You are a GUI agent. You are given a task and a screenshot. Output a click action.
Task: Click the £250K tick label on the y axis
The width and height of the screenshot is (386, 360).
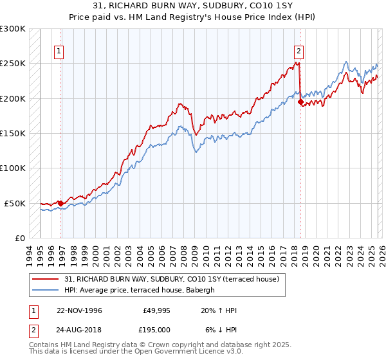pyautogui.click(x=13, y=64)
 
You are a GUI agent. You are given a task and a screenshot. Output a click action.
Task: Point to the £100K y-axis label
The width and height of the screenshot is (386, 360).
pyautogui.click(x=13, y=168)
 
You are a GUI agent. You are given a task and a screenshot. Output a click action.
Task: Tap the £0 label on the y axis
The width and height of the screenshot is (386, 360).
pyautogui.click(x=19, y=238)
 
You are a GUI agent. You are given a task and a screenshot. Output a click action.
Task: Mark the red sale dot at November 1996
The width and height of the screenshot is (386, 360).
pyautogui.click(x=61, y=203)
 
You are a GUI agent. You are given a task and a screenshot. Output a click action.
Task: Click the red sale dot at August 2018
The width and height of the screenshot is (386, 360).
pyautogui.click(x=300, y=101)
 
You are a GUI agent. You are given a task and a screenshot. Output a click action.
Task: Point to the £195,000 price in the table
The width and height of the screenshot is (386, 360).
pyautogui.click(x=155, y=330)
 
